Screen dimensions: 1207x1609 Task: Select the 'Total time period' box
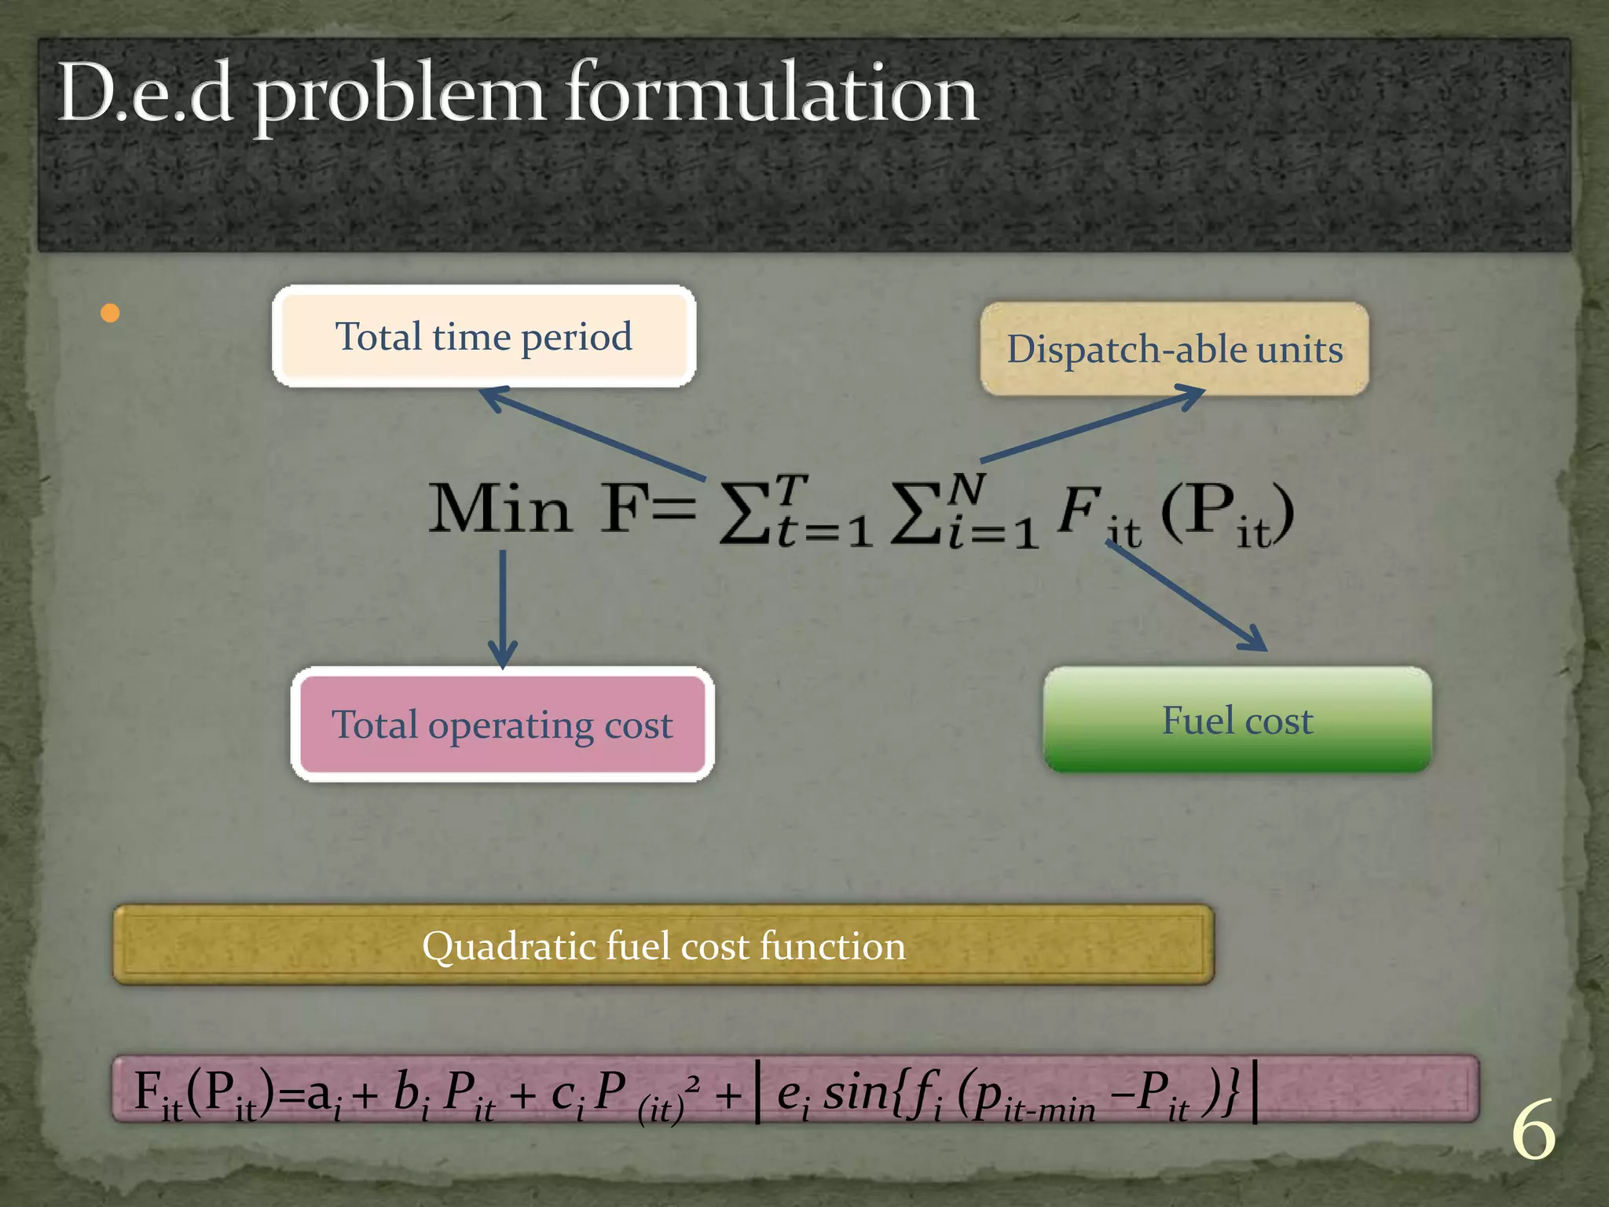pyautogui.click(x=483, y=336)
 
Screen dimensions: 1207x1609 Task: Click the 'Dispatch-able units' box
pyautogui.click(x=1175, y=349)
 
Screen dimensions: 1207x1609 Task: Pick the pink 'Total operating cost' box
pyautogui.click(x=502, y=724)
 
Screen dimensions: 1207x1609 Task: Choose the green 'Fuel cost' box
pyautogui.click(x=1237, y=720)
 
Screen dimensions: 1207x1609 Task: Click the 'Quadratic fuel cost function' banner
pyautogui.click(x=663, y=945)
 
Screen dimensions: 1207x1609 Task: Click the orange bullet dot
pyautogui.click(x=111, y=314)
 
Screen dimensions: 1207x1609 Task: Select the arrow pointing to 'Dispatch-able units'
pyautogui.click(x=1092, y=424)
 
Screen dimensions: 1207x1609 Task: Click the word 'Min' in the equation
pyautogui.click(x=500, y=509)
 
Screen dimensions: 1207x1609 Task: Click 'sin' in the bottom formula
pyautogui.click(x=856, y=1091)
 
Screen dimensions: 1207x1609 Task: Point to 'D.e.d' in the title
pyautogui.click(x=145, y=94)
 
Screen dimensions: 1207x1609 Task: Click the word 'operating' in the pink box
pyautogui.click(x=511, y=725)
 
